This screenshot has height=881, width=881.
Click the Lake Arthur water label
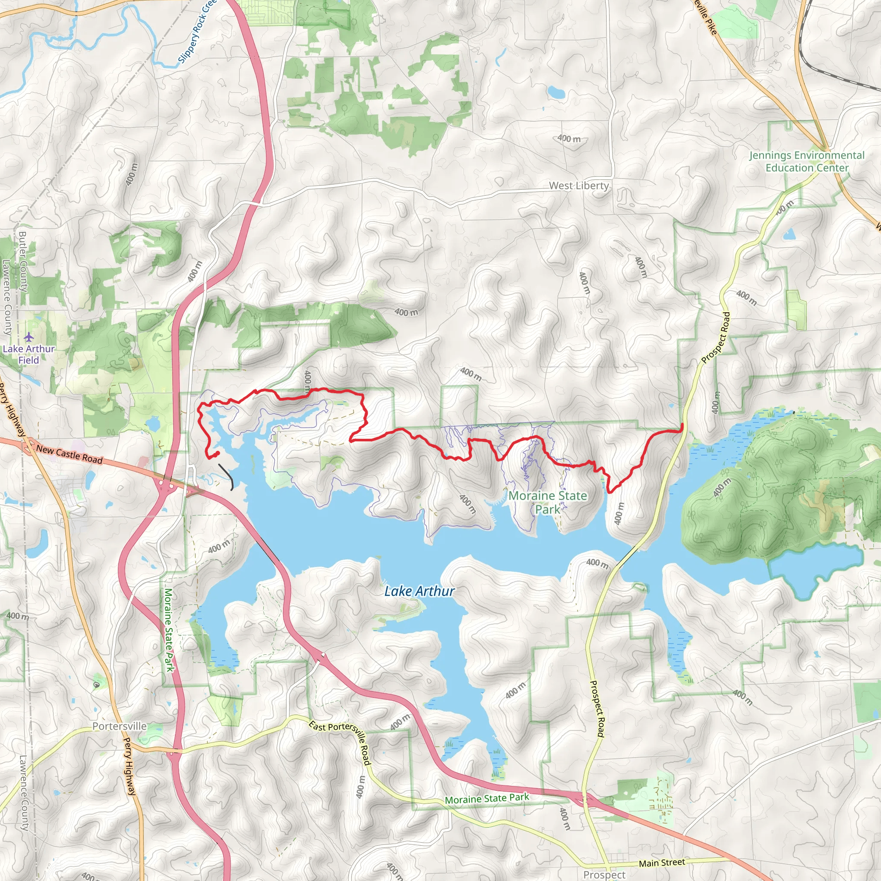tap(419, 591)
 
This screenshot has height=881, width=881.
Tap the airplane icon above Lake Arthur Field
tap(29, 337)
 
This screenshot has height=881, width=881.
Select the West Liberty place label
tap(579, 185)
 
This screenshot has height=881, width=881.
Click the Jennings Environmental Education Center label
tap(807, 161)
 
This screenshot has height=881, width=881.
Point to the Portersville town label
tap(120, 726)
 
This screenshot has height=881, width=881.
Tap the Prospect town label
tap(604, 874)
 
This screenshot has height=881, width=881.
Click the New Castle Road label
tap(69, 455)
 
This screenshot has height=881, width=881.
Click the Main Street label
tap(662, 863)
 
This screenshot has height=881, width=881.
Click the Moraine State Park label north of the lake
tap(548, 502)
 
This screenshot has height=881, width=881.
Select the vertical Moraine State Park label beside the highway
tap(169, 629)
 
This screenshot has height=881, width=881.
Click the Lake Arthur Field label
tap(29, 354)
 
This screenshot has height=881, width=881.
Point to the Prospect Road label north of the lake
tap(715, 338)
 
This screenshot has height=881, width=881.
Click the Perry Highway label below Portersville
tap(130, 766)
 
